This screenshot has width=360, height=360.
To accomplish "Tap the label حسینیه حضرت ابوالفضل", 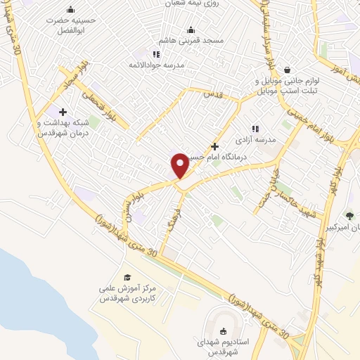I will click(x=70, y=25).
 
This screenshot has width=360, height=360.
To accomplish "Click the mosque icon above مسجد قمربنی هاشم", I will click(x=191, y=30).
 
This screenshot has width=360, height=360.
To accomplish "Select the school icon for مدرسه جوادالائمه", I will click(x=156, y=53).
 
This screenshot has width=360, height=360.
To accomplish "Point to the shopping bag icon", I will click(x=288, y=70).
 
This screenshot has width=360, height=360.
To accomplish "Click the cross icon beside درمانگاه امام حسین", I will click(x=214, y=146).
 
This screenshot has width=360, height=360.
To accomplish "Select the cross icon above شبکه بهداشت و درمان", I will click(x=63, y=111).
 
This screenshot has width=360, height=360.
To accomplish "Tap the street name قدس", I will click(x=213, y=94).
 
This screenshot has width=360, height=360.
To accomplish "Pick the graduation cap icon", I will click(x=127, y=277).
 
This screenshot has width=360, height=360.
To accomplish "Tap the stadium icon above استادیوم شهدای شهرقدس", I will click(x=224, y=331).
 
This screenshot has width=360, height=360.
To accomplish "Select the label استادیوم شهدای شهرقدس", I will click(x=224, y=347).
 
